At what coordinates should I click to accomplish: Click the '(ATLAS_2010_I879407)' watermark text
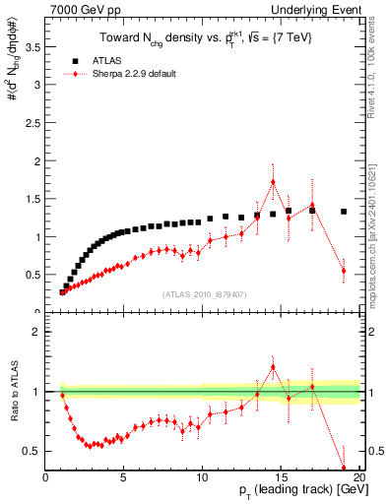(x=203, y=292)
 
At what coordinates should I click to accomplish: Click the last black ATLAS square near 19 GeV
(x=344, y=211)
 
